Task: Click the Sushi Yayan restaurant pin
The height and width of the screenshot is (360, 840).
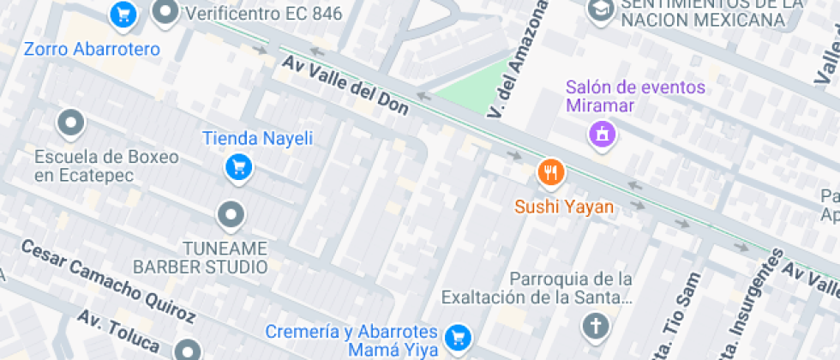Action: [x=550, y=173]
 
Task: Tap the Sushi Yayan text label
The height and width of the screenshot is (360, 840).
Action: [x=563, y=207]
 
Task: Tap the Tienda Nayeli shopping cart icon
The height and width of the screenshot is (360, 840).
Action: [x=237, y=167]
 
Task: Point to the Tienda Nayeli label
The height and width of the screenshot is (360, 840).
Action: [x=257, y=138]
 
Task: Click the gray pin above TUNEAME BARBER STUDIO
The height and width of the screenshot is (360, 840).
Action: [x=231, y=215]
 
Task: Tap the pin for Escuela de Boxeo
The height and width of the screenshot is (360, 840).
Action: [x=70, y=123]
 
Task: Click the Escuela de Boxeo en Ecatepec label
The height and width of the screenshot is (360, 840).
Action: [x=107, y=166]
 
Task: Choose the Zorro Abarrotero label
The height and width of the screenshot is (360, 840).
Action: [x=92, y=49]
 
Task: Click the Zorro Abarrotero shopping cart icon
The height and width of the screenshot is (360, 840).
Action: [x=123, y=13]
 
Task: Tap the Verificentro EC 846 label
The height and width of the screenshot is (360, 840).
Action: [x=263, y=14]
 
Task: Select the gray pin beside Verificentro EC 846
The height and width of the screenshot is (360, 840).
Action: [x=165, y=12]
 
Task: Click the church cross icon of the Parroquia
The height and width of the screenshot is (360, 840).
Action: [x=595, y=326]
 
